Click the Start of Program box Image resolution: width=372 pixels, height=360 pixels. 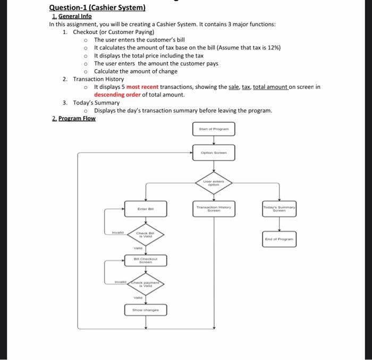click(213, 129)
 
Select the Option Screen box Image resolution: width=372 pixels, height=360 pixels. click(213, 153)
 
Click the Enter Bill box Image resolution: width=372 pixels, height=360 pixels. click(145, 209)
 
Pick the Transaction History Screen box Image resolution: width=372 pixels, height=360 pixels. click(213, 209)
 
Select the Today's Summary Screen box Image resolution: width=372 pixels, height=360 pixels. click(279, 209)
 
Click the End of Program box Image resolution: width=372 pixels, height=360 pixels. click(279, 239)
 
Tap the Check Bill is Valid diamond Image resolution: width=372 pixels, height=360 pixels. click(145, 235)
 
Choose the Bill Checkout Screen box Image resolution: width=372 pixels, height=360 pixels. click(145, 261)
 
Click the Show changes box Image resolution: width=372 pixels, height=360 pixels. click(145, 309)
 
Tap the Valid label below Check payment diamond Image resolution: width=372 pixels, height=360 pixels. click(138, 298)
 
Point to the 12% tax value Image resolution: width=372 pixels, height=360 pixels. click(272, 47)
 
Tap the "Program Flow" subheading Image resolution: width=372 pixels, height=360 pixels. click(77, 118)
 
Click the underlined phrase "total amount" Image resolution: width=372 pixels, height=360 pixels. click(270, 87)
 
